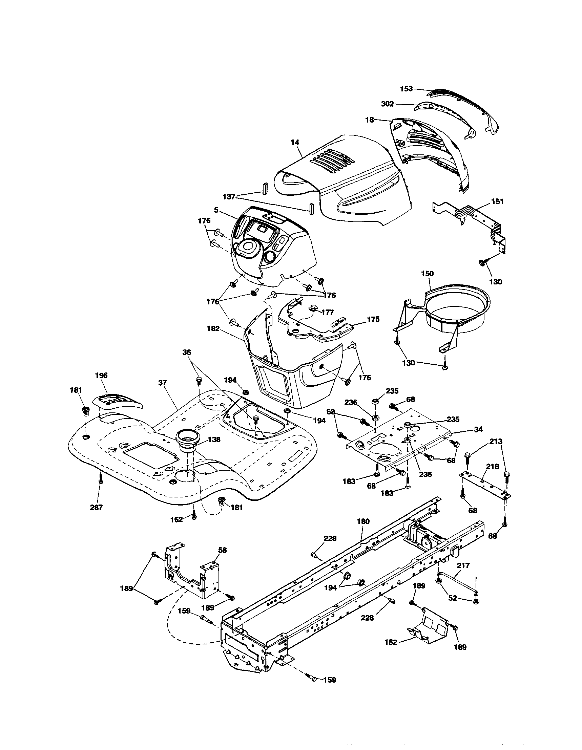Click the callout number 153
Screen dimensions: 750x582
pos(406,89)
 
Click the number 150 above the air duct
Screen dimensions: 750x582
pos(428,274)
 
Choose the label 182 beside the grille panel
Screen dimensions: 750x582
pos(213,328)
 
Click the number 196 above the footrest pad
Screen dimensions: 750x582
pos(101,376)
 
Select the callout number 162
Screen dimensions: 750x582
pos(176,519)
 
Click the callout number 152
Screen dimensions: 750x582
pos(391,642)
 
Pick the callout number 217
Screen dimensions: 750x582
pos(463,565)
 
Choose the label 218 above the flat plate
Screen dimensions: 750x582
pos(493,466)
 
